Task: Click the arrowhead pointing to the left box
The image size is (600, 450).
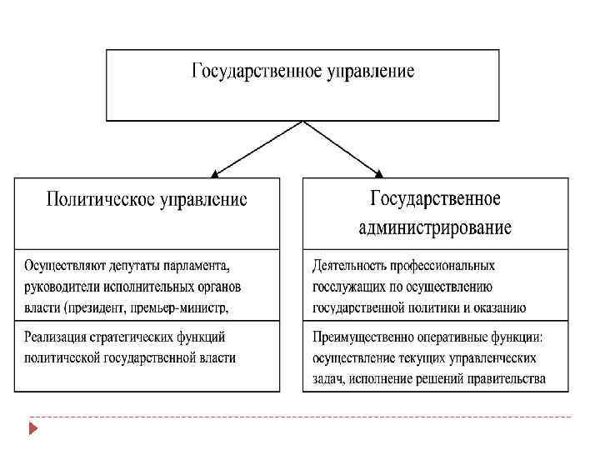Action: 215,173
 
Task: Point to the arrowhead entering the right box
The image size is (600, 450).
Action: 379,173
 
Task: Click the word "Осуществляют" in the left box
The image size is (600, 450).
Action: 62,266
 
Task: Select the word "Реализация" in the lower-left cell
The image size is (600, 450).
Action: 56,337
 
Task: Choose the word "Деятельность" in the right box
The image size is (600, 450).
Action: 352,266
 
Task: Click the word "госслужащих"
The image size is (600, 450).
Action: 347,287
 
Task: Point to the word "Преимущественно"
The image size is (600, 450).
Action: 360,337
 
